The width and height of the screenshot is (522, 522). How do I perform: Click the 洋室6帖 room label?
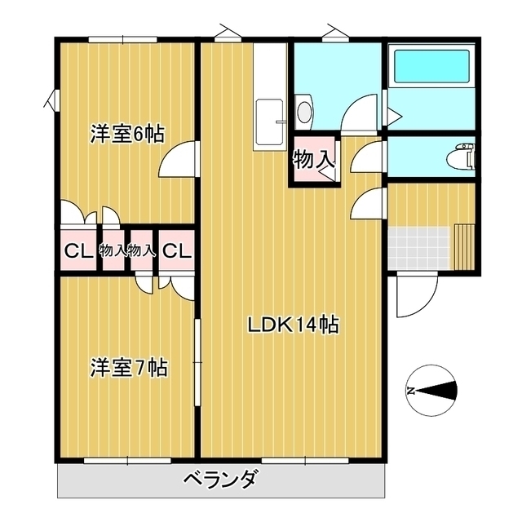(126, 134)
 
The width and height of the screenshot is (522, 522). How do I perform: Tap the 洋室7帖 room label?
(128, 368)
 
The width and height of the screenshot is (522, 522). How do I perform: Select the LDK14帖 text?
(294, 325)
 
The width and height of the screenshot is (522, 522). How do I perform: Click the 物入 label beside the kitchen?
(313, 159)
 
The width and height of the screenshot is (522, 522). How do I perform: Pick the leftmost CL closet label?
(77, 251)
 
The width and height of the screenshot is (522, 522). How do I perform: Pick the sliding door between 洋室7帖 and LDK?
(197, 367)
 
